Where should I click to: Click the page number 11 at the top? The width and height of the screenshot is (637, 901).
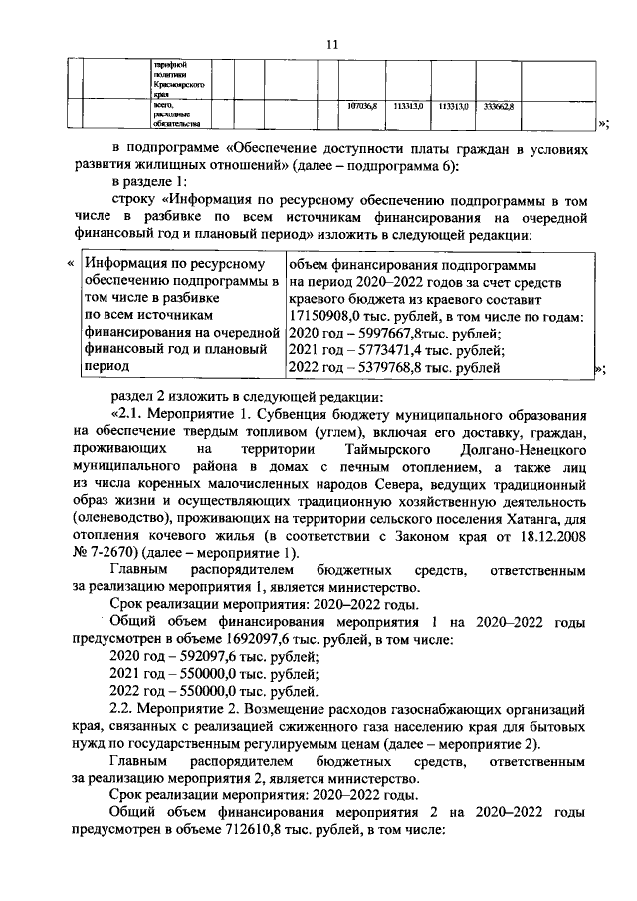click(332, 43)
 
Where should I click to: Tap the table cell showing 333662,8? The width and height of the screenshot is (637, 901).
click(498, 106)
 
